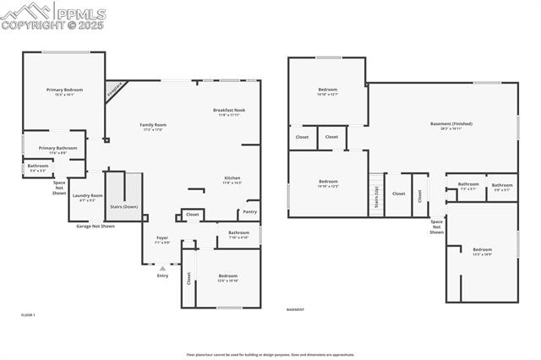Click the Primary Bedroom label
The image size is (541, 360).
64,90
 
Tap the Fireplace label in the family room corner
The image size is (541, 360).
115,90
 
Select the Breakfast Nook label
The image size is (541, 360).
228,111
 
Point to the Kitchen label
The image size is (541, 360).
232,178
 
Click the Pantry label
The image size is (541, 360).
249,211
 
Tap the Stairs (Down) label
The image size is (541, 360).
124,206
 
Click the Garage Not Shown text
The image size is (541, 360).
96,226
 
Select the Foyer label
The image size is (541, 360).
161,238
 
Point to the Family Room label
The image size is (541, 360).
153,125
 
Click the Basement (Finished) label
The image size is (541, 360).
451,124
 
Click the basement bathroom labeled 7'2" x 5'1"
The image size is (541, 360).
468,184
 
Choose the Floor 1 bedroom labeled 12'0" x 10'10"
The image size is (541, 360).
227,276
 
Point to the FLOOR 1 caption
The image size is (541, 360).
28,314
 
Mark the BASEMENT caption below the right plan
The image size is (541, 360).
295,310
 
